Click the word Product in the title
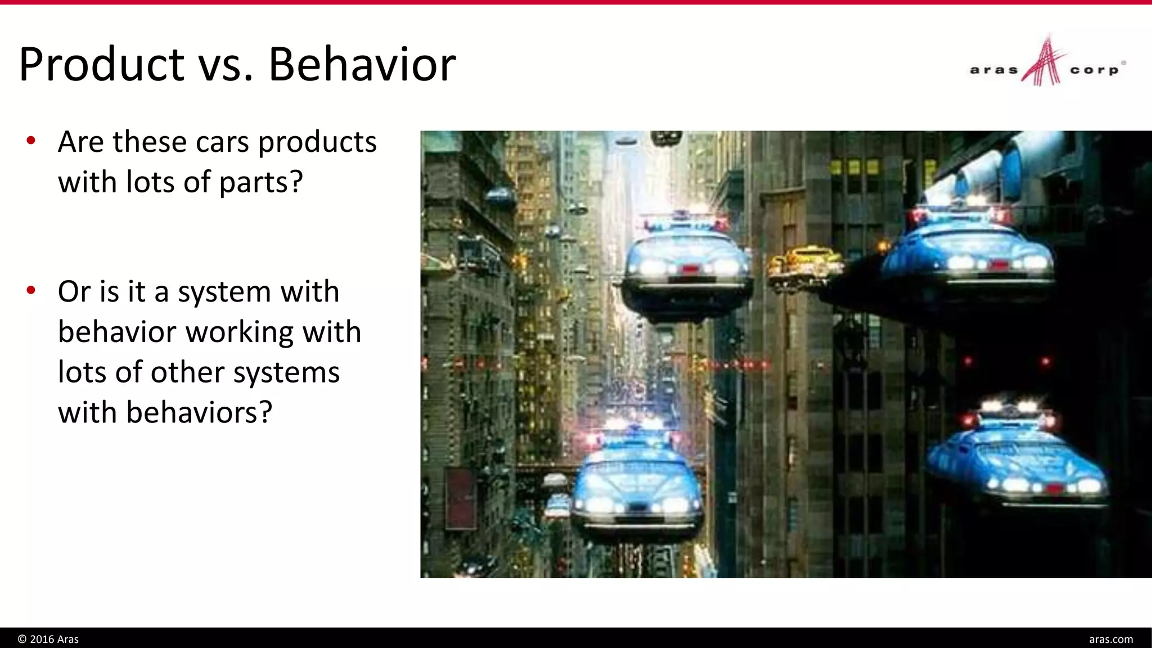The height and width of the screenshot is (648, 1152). coord(102,65)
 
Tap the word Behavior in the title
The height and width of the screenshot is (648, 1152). coord(362,65)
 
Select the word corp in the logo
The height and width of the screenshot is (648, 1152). coord(1094,70)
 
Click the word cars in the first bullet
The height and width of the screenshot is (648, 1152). coord(222,142)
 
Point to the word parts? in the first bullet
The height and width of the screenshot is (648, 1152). coord(261,183)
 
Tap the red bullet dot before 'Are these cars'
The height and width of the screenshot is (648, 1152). coord(31,140)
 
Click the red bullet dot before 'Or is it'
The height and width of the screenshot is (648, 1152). coord(31,290)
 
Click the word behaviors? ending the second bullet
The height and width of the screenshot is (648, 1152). coord(199,412)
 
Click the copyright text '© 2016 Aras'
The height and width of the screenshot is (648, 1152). coord(48,639)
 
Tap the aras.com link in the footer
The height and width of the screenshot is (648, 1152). coord(1110,639)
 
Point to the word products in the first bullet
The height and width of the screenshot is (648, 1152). coord(317,142)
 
